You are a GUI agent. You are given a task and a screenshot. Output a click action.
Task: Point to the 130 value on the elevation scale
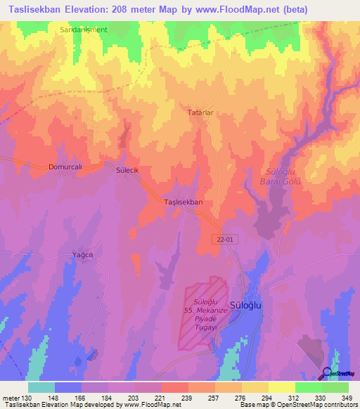click(x=22, y=398)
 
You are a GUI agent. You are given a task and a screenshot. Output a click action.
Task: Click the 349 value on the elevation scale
click(x=347, y=398)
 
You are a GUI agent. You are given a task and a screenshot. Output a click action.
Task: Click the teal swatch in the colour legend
click(x=41, y=387)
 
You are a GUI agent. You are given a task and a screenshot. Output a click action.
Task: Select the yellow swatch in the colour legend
click(x=282, y=387)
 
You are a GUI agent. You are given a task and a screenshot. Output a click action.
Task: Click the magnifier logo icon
click(x=328, y=372)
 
